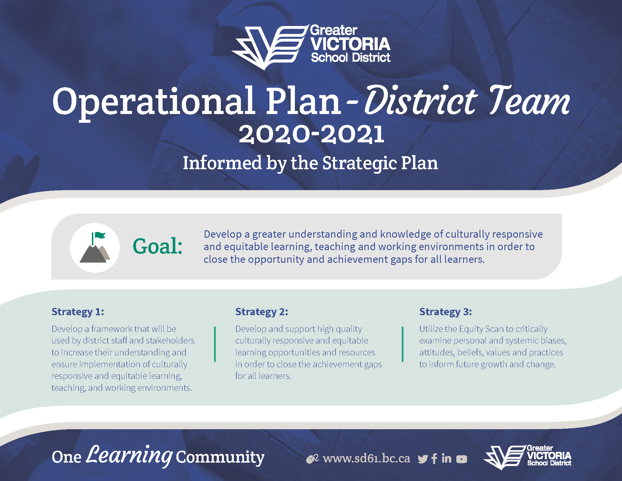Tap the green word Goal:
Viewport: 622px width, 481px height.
(x=157, y=246)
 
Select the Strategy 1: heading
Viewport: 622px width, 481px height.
(x=78, y=312)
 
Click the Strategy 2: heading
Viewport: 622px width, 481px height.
(x=262, y=312)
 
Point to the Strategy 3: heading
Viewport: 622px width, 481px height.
(x=445, y=312)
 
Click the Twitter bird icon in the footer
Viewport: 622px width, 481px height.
(x=423, y=459)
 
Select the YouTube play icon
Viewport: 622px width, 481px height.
(x=462, y=459)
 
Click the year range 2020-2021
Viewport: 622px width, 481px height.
(x=311, y=134)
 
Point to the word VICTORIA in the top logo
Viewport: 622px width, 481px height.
(x=350, y=44)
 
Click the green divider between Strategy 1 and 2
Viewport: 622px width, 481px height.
(x=215, y=344)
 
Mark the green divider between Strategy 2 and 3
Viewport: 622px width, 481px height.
(x=402, y=344)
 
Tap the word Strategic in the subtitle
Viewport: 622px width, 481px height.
(x=360, y=163)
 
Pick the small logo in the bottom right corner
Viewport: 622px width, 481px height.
(x=528, y=457)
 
